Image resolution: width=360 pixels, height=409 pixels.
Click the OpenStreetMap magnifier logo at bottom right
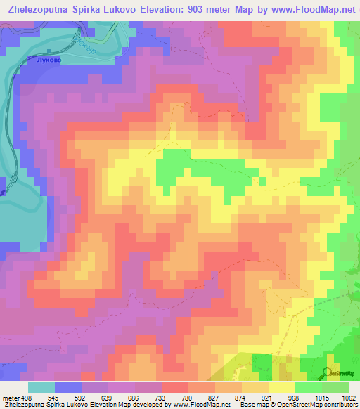(x=327, y=372)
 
